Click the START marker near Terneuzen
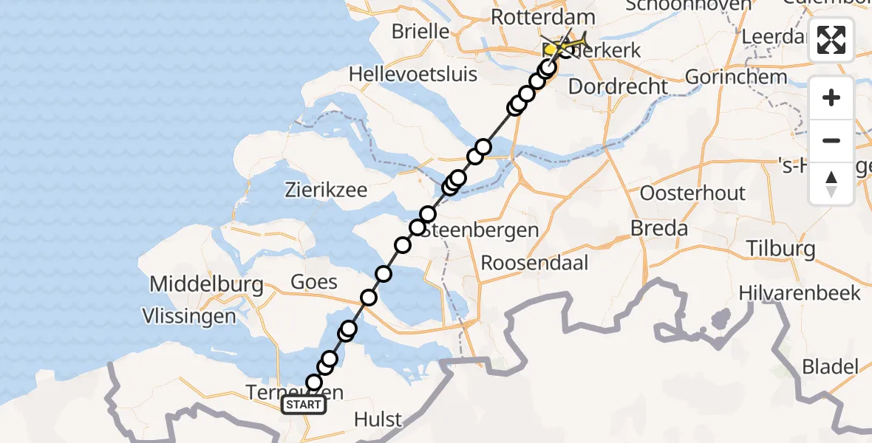pyautogui.click(x=304, y=405)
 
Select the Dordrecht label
pyautogui.click(x=618, y=86)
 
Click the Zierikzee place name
pyautogui.click(x=326, y=190)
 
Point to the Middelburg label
pyautogui.click(x=206, y=284)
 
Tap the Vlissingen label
pyautogui.click(x=191, y=317)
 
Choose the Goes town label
pyautogui.click(x=314, y=281)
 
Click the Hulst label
pyautogui.click(x=378, y=419)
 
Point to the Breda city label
pyautogui.click(x=659, y=228)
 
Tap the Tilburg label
pyautogui.click(x=780, y=248)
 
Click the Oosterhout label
pyautogui.click(x=692, y=194)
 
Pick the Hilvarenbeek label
pyautogui.click(x=800, y=293)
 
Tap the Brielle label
pyautogui.click(x=420, y=31)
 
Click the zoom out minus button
pyautogui.click(x=831, y=141)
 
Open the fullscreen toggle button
pyautogui.click(x=831, y=40)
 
